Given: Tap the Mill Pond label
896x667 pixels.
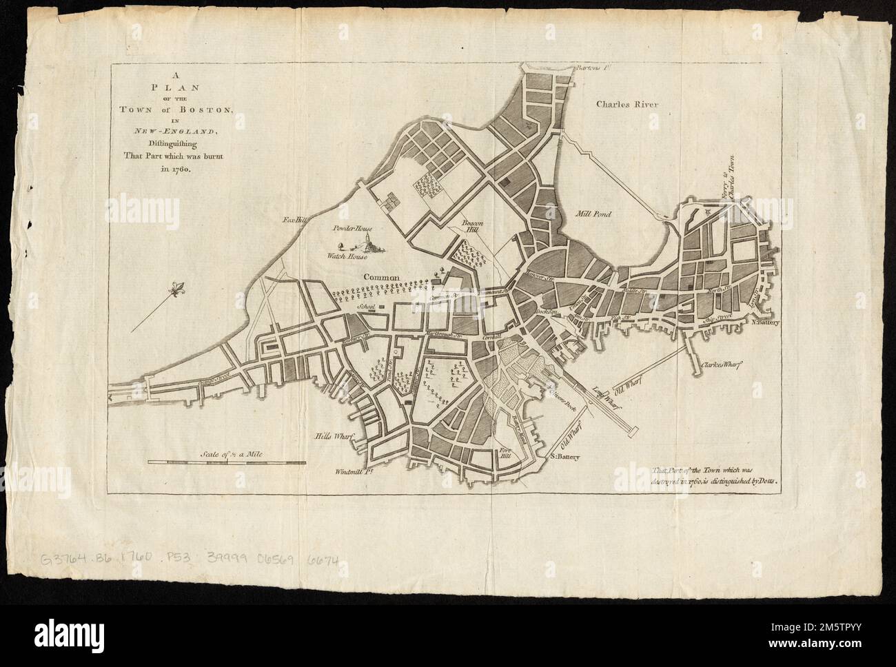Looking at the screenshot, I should [593, 214].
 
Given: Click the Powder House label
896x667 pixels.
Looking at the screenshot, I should [356, 227].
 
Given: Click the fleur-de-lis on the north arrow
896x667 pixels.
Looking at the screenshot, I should [180, 287].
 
